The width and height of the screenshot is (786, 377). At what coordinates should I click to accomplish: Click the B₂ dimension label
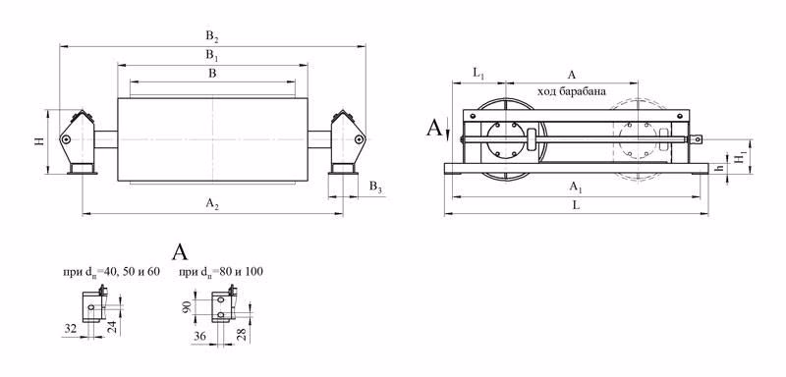coord(212,36)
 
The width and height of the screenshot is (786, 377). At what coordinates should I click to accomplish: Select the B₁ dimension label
coord(212,56)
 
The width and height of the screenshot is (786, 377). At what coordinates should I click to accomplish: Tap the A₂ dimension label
coord(212,203)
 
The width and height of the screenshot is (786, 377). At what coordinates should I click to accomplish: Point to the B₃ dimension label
coord(376,187)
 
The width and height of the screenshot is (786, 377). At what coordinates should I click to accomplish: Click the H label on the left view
coord(39,141)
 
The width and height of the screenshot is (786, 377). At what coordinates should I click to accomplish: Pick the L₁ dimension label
coord(478,73)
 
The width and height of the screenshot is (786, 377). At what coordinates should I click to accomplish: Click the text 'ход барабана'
coord(572,91)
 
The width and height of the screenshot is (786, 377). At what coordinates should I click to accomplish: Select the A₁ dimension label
coord(575,188)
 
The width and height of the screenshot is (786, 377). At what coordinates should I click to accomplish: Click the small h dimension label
coord(721,169)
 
